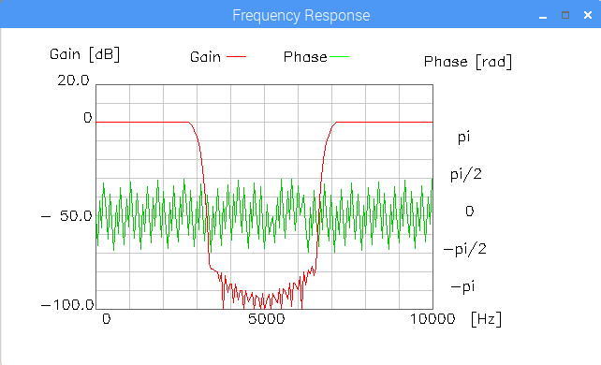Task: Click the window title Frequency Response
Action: pyautogui.click(x=300, y=15)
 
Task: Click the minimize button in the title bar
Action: pyautogui.click(x=543, y=17)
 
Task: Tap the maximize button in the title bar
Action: pyautogui.click(x=565, y=15)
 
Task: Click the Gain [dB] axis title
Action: pyautogui.click(x=84, y=54)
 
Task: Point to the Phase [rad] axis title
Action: pyautogui.click(x=468, y=62)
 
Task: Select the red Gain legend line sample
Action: pyautogui.click(x=236, y=57)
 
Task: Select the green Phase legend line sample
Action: pyautogui.click(x=339, y=57)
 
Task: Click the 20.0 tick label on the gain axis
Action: pyautogui.click(x=73, y=80)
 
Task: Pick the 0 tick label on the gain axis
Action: pyautogui.click(x=88, y=118)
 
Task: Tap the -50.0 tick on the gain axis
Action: pyautogui.click(x=66, y=216)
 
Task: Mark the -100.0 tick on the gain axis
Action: pyautogui.click(x=67, y=305)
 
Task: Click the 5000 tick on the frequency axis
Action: pyautogui.click(x=267, y=319)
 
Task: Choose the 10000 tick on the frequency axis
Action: pyautogui.click(x=432, y=319)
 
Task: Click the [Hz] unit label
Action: pyautogui.click(x=486, y=319)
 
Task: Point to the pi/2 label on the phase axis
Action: pyautogui.click(x=465, y=175)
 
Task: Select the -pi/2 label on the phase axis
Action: pyautogui.click(x=465, y=249)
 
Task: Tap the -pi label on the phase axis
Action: pyautogui.click(x=463, y=286)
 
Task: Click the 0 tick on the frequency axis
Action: pyautogui.click(x=107, y=319)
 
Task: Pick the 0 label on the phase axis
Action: pyautogui.click(x=470, y=211)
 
